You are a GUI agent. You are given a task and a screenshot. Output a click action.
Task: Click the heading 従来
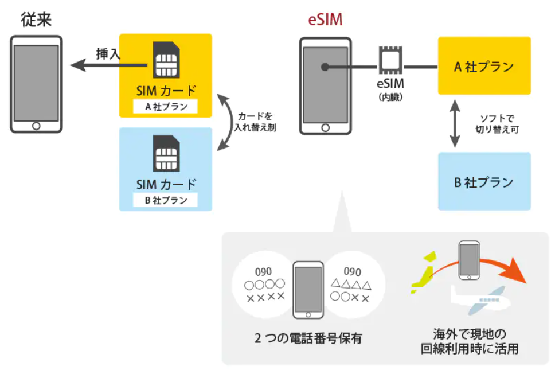tap(36, 20)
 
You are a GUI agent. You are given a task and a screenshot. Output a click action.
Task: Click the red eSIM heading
tap(325, 20)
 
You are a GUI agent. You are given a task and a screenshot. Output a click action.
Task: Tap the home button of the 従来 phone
tap(36, 125)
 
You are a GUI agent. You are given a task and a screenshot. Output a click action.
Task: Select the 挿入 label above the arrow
tap(108, 54)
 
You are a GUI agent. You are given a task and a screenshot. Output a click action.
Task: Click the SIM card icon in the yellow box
tap(166, 60)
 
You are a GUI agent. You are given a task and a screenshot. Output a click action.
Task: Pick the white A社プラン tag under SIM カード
tap(165, 106)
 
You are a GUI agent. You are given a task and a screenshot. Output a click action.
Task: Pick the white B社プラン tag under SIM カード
tap(165, 200)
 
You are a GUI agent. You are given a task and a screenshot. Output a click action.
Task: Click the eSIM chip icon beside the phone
tap(390, 62)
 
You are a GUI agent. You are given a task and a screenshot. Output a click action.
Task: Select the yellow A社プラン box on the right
tap(484, 66)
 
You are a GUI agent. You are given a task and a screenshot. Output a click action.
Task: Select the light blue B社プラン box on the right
tap(484, 181)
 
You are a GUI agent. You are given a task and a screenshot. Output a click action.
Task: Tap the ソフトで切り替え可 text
tap(498, 123)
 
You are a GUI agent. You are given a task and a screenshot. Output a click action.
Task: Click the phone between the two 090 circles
tap(308, 290)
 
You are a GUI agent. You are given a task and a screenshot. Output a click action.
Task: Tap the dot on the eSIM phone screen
tap(324, 67)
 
